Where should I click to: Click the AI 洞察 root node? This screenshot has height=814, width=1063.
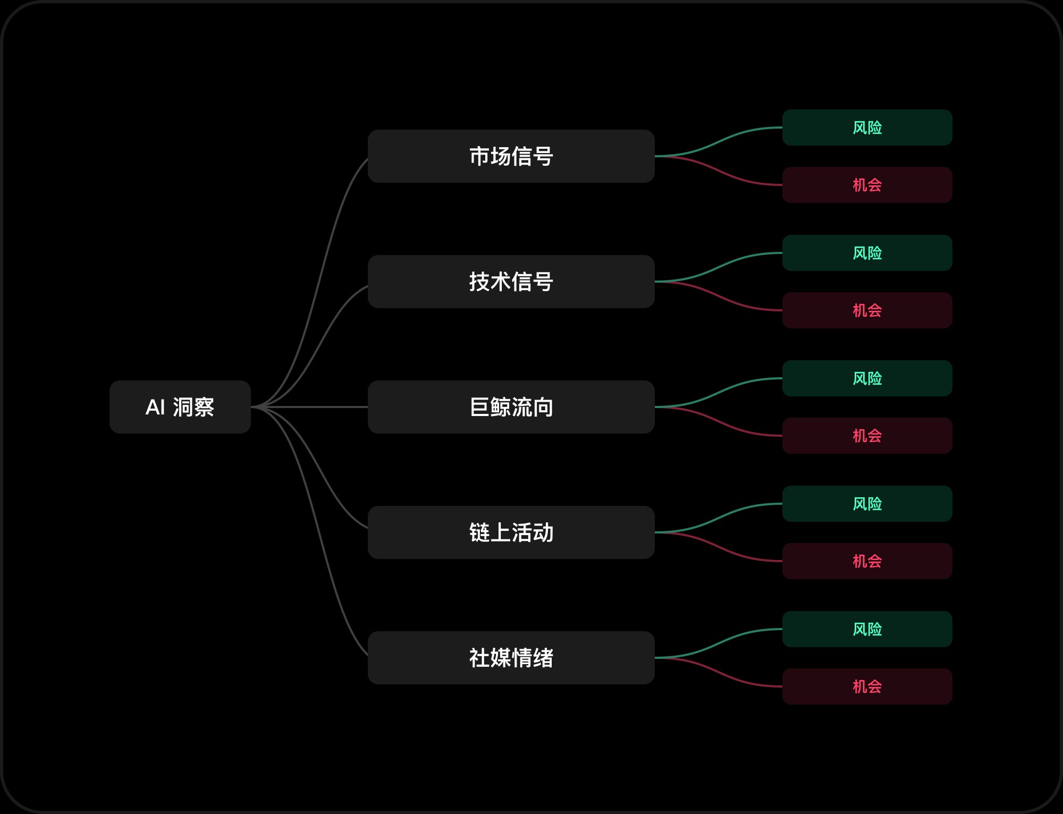click(180, 407)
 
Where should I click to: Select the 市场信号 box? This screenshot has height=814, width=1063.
click(511, 156)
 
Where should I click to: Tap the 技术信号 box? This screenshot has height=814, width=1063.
click(511, 282)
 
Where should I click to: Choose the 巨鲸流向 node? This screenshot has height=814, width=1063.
click(511, 407)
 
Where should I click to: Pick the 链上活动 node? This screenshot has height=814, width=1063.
click(511, 532)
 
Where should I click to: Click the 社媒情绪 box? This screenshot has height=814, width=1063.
click(511, 658)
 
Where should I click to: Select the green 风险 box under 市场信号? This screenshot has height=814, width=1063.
click(867, 128)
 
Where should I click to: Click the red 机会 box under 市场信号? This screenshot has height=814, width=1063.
click(867, 185)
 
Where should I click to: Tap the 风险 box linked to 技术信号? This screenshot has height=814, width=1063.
click(867, 253)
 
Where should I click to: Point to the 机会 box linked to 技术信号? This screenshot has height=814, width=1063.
click(867, 310)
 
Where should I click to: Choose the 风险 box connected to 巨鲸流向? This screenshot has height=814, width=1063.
click(867, 378)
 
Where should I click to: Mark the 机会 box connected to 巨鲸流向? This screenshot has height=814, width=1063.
click(867, 436)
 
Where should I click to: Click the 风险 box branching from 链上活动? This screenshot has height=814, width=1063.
click(867, 504)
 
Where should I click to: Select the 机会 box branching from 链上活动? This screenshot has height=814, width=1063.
click(867, 561)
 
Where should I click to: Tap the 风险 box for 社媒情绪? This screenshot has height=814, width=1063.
click(867, 629)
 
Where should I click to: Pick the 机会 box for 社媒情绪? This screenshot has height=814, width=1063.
click(867, 686)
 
